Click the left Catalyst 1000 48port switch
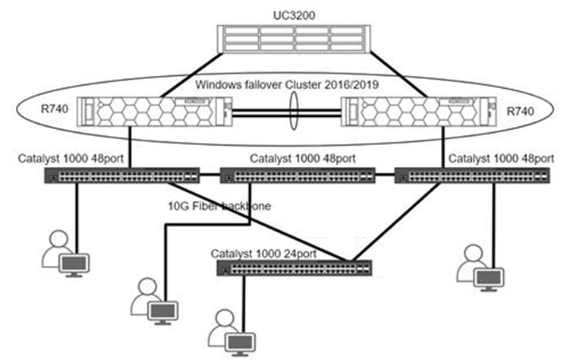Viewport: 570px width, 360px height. pyautogui.click(x=121, y=176)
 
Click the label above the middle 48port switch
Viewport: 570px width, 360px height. pyautogui.click(x=301, y=159)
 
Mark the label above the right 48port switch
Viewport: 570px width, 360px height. pyautogui.click(x=501, y=159)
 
